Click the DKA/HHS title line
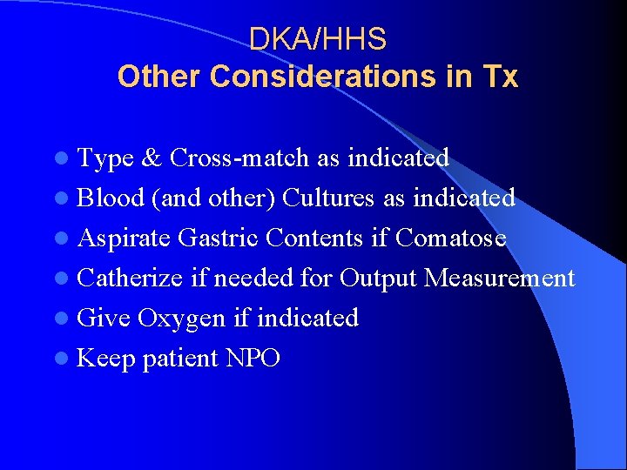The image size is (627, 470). [x=318, y=39]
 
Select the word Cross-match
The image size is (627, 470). [x=239, y=158]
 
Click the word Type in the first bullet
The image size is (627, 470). [x=105, y=158]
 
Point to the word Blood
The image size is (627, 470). [x=111, y=198]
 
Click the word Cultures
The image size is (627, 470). [x=330, y=198]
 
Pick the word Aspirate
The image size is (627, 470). [x=125, y=238]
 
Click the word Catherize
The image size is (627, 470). [x=130, y=278]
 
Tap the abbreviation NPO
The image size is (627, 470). [x=253, y=358]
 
